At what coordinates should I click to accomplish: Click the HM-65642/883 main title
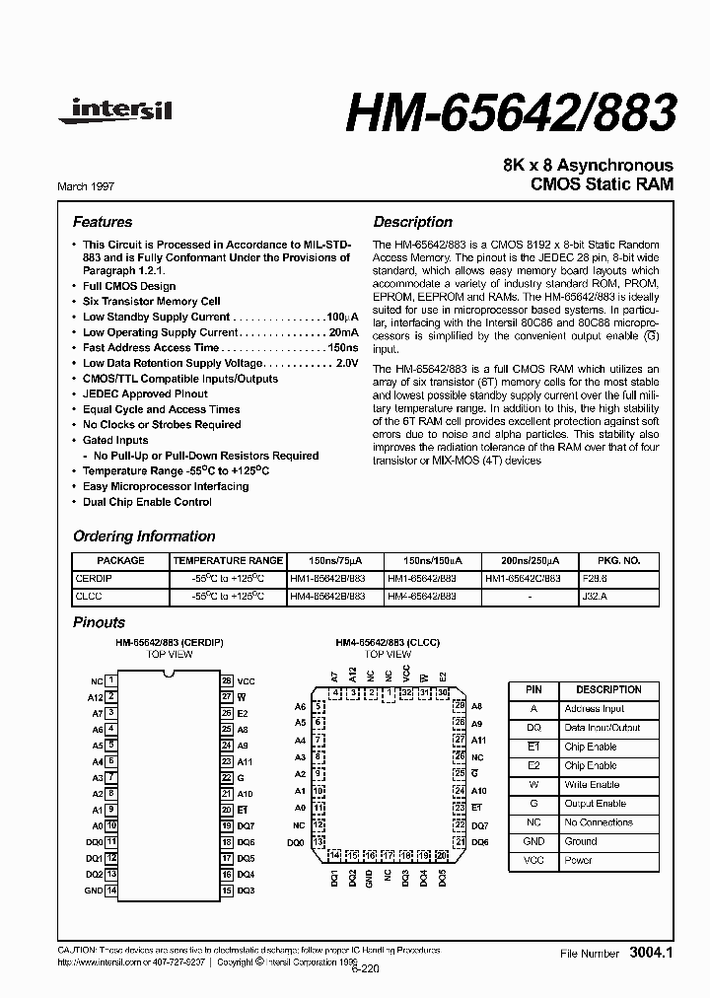coord(511,113)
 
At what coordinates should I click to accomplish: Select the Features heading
coord(103,222)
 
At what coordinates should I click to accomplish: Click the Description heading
coord(412,222)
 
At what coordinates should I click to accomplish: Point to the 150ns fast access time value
coord(342,348)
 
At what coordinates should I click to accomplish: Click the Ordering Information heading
coord(144,536)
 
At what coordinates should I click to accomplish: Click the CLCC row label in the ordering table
coord(90,597)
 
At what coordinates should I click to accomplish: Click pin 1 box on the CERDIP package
coord(112,680)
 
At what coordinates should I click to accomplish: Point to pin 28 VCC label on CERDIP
coord(247,680)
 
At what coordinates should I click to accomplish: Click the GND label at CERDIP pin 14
coord(93,891)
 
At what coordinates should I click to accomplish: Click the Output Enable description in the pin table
coord(595,804)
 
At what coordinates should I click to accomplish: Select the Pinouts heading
coord(100,622)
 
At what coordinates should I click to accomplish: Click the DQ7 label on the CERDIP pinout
coord(247,825)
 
